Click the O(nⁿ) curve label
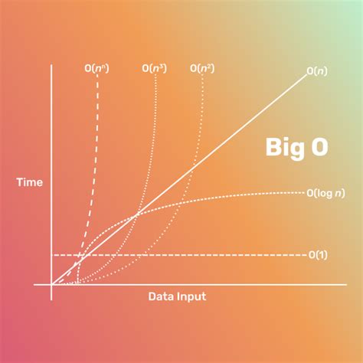point(96,69)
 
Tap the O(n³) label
point(155,69)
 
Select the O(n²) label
point(201,69)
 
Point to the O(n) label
point(318,71)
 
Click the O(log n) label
point(325,193)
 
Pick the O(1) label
point(318,254)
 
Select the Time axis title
point(28,183)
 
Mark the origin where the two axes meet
point(51,284)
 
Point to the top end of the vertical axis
point(51,66)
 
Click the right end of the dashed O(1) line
point(305,254)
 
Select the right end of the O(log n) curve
point(304,193)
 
